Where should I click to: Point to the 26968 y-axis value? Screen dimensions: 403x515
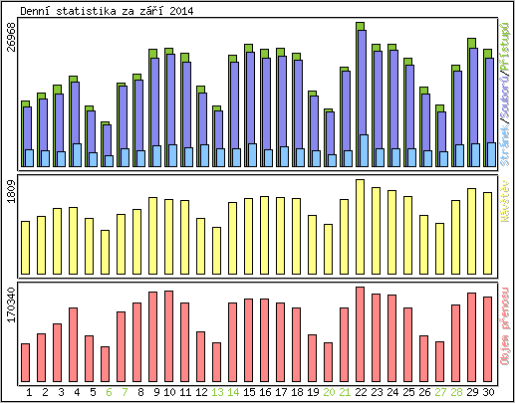tap(10, 49)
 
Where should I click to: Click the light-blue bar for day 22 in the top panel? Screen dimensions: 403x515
tap(364, 150)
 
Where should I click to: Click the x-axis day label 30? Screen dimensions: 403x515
tap(487, 393)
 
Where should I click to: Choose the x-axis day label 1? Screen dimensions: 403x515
tap(28, 393)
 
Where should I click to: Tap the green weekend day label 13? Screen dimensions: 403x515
tap(216, 393)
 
